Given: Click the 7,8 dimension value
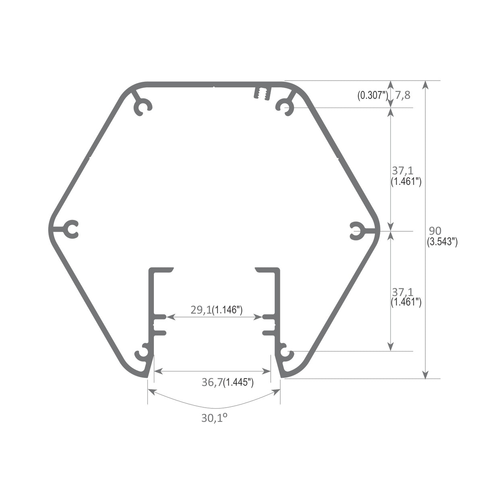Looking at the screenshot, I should coord(402,95).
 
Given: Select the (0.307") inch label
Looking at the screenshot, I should coord(372,95).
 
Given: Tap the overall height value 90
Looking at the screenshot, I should coord(435,231).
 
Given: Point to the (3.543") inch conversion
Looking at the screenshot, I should coord(441,242).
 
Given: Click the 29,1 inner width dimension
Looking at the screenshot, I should coord(201,310).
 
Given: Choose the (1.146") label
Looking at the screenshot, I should coord(227,310).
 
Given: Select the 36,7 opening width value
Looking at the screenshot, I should coord(212,383).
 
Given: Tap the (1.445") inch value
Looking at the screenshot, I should coord(238,383).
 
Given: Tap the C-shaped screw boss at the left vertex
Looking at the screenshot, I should coord(72,230).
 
